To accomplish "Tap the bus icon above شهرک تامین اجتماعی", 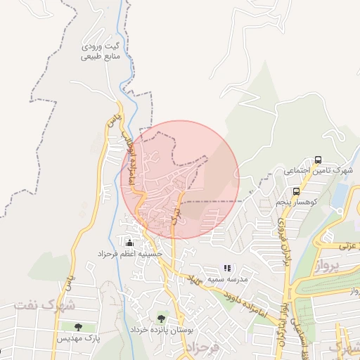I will [319, 160].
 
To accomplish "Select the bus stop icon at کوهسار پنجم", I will [296, 191].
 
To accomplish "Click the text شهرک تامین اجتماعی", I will [323, 171].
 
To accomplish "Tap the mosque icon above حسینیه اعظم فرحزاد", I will [128, 243].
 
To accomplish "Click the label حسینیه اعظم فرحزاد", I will [131, 253].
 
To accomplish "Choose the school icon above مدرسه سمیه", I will [226, 268].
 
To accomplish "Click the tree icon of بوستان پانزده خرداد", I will [162, 319].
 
